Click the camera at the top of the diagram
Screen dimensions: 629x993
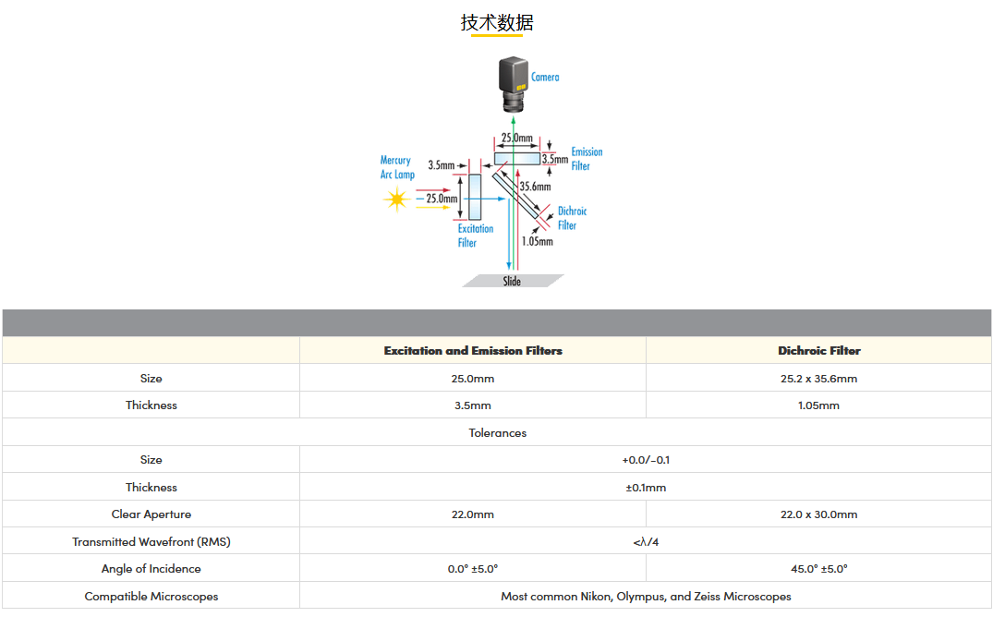point(514,83)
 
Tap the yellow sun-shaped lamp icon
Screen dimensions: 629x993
point(397,198)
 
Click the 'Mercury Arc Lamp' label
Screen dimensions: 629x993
point(397,167)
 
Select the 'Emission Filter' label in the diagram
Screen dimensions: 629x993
point(586,159)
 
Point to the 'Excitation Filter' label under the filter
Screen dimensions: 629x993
point(475,236)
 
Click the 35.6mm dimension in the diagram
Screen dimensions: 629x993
point(535,186)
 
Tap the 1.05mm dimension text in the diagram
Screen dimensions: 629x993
point(537,242)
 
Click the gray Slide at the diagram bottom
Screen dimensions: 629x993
point(513,281)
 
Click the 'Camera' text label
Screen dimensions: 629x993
point(545,78)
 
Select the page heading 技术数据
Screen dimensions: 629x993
point(497,22)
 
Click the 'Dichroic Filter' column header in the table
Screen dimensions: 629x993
point(818,350)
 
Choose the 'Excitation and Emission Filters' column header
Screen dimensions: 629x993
point(473,350)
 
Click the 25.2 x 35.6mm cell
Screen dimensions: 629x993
point(818,378)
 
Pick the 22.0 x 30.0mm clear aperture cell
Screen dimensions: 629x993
point(818,514)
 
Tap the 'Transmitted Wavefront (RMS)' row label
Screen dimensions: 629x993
point(151,541)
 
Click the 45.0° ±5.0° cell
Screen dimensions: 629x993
point(818,568)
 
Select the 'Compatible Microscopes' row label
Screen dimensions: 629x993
point(151,596)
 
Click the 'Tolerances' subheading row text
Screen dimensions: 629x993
point(497,432)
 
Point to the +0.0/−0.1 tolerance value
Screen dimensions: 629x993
point(645,459)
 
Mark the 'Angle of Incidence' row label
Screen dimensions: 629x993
point(151,568)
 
